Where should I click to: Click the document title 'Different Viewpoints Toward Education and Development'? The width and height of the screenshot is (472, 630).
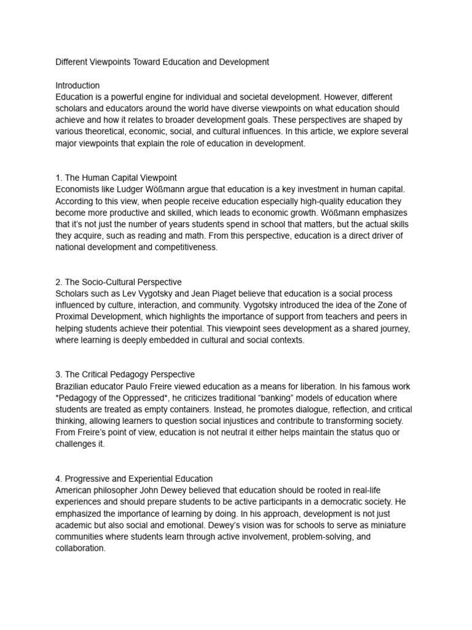coord(162,62)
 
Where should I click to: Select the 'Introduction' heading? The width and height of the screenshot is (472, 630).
coord(77,86)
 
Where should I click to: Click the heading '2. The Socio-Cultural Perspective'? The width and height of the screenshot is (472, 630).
coord(119,282)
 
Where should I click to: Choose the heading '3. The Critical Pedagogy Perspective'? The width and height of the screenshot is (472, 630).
coord(125,375)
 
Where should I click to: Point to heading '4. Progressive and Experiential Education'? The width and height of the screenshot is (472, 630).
coord(134,479)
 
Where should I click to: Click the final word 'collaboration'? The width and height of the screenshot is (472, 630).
coord(80,549)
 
